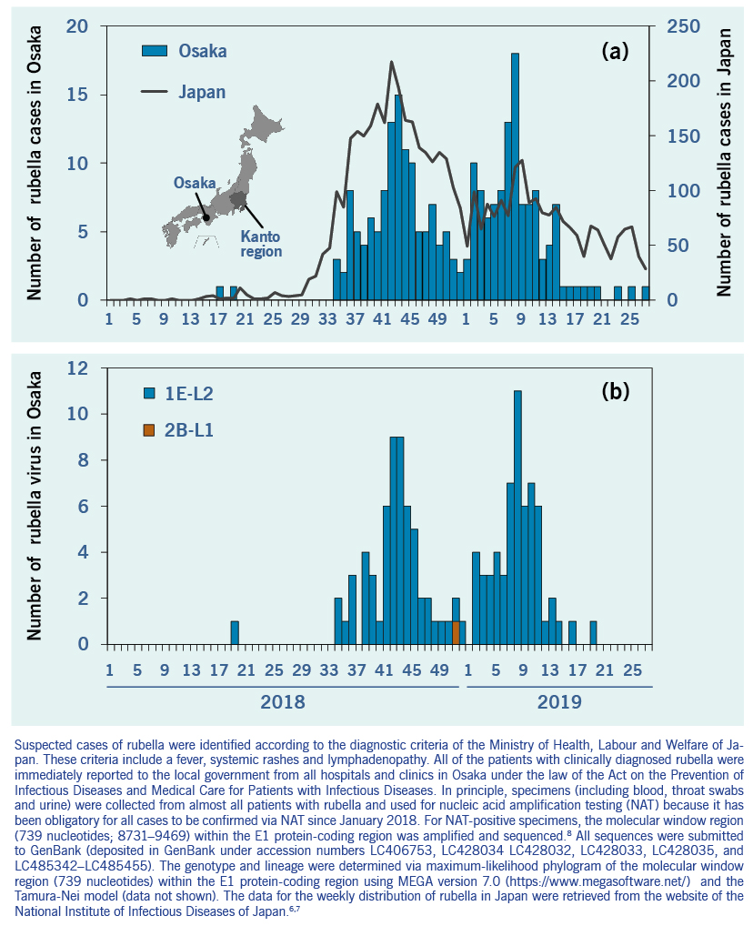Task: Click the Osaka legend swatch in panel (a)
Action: [156, 51]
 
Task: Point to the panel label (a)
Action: [615, 51]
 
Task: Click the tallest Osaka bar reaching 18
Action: [515, 173]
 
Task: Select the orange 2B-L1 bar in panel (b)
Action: [456, 632]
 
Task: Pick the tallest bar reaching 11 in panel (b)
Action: [517, 517]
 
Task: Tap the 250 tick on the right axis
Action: [683, 26]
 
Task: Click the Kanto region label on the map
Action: [261, 243]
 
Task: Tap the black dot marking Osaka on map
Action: [206, 217]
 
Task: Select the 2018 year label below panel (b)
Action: [283, 702]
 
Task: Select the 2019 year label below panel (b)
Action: [558, 702]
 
